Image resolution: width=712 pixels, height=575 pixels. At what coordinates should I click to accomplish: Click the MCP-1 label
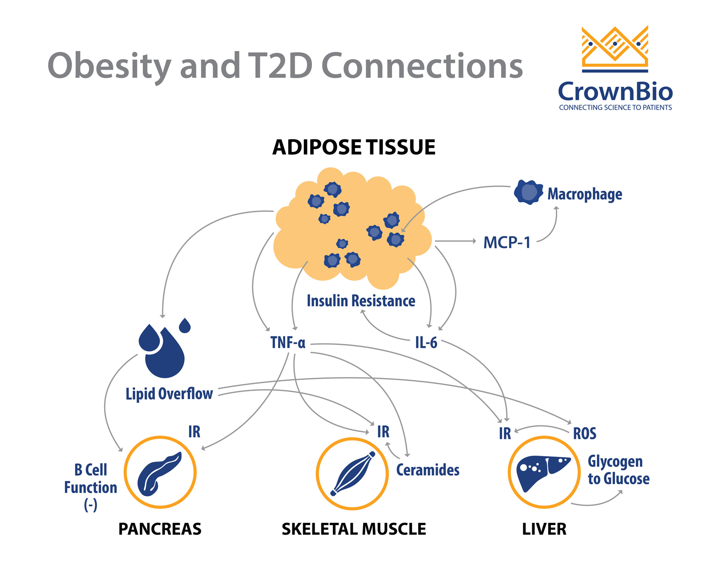(507, 243)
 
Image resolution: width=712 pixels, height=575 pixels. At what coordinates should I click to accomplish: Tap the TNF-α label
(288, 343)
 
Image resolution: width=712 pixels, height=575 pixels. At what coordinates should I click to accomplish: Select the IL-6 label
(426, 343)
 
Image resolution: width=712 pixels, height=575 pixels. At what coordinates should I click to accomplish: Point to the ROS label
(584, 433)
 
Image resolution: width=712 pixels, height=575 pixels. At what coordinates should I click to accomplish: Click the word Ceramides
(428, 470)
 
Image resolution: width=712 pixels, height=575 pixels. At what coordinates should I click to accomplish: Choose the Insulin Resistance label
(361, 301)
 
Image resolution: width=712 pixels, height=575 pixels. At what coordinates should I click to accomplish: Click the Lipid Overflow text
(169, 394)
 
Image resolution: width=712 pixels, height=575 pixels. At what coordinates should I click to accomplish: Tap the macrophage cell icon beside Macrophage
(528, 192)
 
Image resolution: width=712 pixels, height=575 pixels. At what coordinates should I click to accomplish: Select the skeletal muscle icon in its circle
(352, 473)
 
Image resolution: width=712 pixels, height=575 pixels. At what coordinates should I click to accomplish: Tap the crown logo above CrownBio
(615, 48)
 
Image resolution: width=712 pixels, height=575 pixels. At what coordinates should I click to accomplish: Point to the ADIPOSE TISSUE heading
(354, 147)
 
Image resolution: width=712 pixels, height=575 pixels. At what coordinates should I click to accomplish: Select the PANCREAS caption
(160, 529)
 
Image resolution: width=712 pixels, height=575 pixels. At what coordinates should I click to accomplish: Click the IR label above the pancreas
(194, 432)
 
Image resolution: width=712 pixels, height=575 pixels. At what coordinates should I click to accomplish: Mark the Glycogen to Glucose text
(618, 470)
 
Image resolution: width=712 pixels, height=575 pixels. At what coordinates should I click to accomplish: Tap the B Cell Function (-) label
(90, 487)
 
